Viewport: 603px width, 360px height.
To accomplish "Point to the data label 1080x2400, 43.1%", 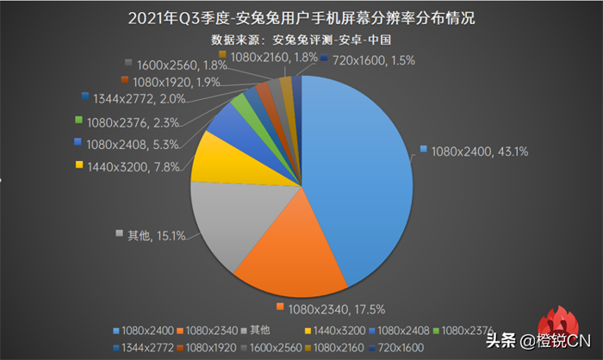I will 474,151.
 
